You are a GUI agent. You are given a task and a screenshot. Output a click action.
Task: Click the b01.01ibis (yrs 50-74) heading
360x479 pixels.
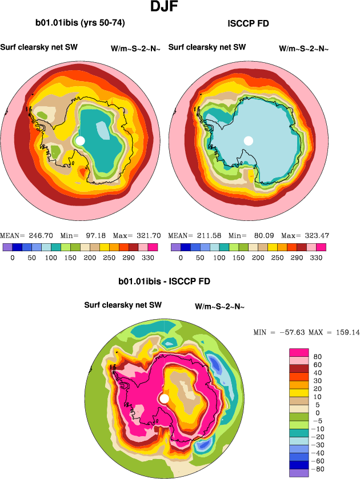tap(80, 23)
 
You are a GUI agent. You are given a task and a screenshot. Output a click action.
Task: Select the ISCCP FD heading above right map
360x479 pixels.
tap(247, 23)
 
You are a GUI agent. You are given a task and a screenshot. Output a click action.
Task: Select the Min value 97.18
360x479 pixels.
tap(95, 235)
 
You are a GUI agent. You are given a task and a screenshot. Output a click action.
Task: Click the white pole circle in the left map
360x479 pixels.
tap(80, 140)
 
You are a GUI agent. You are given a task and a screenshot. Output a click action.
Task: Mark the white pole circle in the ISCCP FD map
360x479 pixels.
tap(248, 140)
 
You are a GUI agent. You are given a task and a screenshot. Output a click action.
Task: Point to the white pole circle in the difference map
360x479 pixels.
tap(165, 399)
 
